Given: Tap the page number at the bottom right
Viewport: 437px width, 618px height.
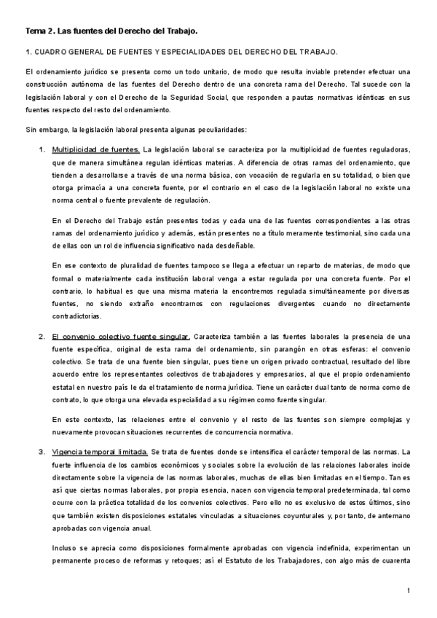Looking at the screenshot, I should click(409, 590).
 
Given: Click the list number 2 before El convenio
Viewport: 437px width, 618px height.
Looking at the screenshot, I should click(41, 337).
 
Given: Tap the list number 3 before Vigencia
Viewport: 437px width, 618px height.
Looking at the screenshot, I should click(41, 452).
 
